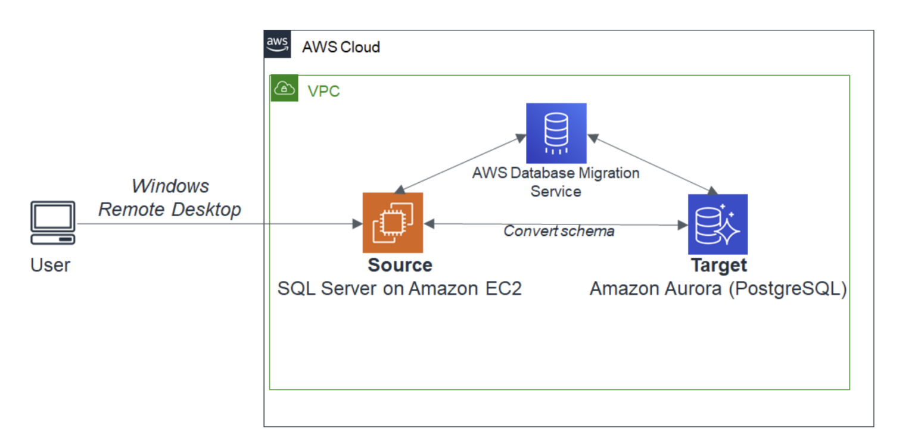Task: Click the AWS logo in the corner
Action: [278, 45]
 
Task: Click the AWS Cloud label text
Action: [341, 47]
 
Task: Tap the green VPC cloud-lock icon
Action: [284, 89]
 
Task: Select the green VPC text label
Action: [323, 92]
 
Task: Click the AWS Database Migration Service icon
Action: [556, 133]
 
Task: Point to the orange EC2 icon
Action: [393, 223]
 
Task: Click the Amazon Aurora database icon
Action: [717, 224]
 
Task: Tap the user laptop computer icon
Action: [53, 223]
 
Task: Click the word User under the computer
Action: [50, 265]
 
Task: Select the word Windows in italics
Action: [170, 186]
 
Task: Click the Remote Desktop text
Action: [170, 210]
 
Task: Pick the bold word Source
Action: [400, 265]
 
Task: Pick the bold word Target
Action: [718, 265]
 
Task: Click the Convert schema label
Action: [559, 232]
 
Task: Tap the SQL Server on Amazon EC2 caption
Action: [400, 289]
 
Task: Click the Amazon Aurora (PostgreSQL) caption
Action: [718, 289]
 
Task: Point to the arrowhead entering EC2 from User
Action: [357, 224]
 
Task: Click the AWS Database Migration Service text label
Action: [556, 182]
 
